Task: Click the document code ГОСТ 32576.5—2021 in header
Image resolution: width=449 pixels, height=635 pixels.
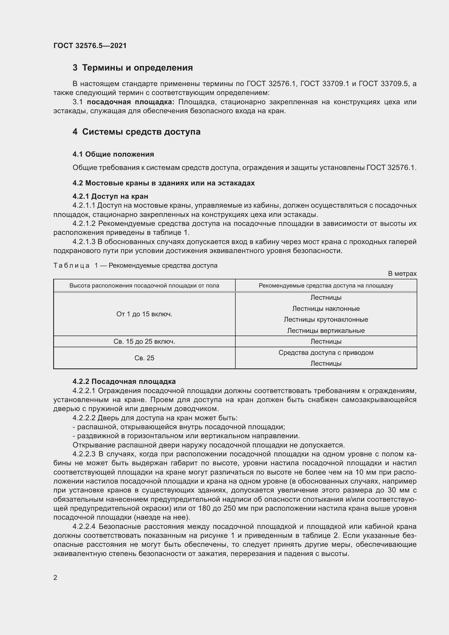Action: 90,46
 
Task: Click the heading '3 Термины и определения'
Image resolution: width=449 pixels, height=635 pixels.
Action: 133,68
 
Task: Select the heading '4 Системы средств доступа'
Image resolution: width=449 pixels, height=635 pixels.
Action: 136,132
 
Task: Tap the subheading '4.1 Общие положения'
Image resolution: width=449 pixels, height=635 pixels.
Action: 113,154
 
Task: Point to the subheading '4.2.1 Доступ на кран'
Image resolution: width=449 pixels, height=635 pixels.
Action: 110,196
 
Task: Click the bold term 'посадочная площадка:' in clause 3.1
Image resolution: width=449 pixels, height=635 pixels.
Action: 131,102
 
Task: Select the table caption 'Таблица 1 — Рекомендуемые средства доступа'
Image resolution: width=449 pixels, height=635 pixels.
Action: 135,266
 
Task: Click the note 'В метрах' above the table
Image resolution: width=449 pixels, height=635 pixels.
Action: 402,274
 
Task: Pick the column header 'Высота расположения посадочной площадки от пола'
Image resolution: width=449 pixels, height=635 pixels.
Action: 144,286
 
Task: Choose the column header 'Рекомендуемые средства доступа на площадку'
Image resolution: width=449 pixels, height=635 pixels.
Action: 326,286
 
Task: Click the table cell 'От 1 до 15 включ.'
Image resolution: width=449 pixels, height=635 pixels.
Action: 144,314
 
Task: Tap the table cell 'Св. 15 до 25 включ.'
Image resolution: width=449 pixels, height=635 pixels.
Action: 144,342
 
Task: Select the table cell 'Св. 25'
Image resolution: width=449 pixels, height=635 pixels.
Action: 144,358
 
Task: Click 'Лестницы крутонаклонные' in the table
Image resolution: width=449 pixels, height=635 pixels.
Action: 326,320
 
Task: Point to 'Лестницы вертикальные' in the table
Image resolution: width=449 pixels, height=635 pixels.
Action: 326,331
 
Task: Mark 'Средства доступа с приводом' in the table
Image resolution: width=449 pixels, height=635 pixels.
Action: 326,353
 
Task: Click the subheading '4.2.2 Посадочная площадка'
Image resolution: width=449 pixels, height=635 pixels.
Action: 124,382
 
